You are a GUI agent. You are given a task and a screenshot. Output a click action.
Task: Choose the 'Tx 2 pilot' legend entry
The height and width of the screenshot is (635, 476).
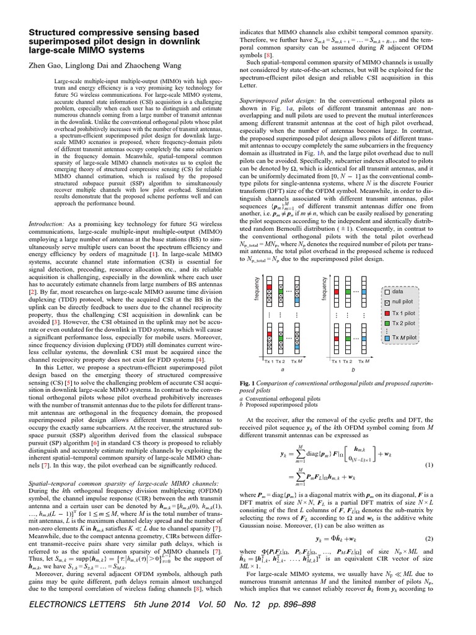click(407, 326)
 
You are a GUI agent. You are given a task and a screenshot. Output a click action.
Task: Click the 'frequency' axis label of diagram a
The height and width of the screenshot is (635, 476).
click(257, 290)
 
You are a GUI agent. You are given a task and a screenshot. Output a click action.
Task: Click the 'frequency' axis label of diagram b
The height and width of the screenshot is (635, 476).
click(325, 290)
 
